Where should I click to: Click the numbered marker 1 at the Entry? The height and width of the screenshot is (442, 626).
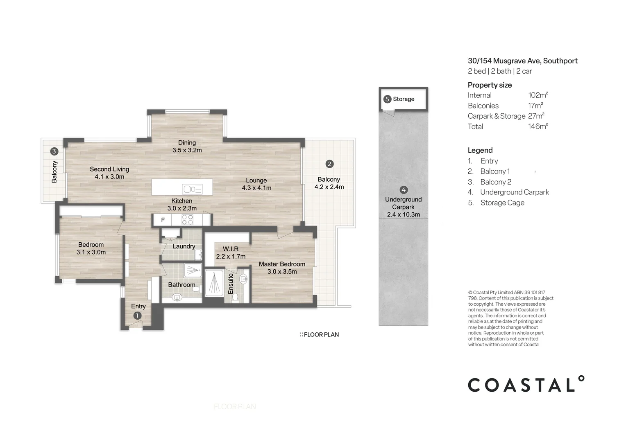137,316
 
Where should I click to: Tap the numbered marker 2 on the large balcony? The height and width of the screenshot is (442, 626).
329,164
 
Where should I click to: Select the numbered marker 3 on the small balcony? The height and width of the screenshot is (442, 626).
54,151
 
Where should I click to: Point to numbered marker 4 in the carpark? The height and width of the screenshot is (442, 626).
404,190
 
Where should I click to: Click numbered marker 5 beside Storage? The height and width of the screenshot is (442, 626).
388,99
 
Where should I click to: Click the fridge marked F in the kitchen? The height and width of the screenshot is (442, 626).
163,220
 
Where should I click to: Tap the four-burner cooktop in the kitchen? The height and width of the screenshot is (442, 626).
188,220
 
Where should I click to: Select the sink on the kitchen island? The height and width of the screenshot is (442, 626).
192,189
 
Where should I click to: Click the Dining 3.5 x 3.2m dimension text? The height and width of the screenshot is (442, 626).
187,150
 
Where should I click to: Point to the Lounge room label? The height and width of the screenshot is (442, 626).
256,180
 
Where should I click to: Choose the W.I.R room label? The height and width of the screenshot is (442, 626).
231,249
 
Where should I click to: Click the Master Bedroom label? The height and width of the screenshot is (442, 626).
282,264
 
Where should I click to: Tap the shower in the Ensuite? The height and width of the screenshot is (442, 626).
213,282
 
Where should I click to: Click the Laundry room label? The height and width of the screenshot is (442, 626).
184,246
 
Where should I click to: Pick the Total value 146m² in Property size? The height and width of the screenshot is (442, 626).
538,126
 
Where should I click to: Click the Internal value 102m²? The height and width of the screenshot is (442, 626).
538,95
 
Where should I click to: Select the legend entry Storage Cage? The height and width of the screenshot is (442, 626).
502,203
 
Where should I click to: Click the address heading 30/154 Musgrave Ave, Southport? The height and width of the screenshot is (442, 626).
523,61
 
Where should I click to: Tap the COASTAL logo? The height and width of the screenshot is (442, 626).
526,385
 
